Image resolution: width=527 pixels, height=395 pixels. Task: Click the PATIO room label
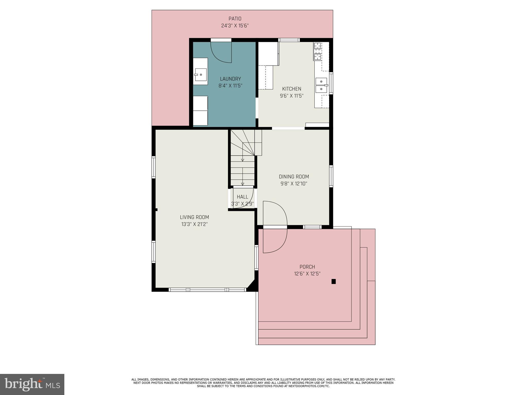(x=235, y=19)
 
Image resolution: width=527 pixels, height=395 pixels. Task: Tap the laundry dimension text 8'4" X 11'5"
(x=230, y=86)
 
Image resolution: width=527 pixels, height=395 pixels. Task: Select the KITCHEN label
(x=292, y=89)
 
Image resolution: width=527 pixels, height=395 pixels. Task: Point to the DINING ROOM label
(x=294, y=177)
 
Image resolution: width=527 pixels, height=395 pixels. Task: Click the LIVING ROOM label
(x=194, y=217)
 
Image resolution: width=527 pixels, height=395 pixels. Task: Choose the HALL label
(x=242, y=197)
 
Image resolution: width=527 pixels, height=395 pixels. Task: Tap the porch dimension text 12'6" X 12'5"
(x=307, y=274)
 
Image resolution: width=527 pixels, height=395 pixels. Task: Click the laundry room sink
(x=200, y=75)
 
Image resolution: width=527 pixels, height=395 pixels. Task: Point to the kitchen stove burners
(x=318, y=51)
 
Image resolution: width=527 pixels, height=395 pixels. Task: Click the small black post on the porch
(x=333, y=281)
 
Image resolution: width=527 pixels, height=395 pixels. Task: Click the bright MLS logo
(x=32, y=384)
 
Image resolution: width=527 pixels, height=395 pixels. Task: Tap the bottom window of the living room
(x=207, y=290)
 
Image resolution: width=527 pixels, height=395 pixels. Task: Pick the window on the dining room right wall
(x=331, y=176)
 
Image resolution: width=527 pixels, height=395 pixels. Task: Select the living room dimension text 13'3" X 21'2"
(x=194, y=224)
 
